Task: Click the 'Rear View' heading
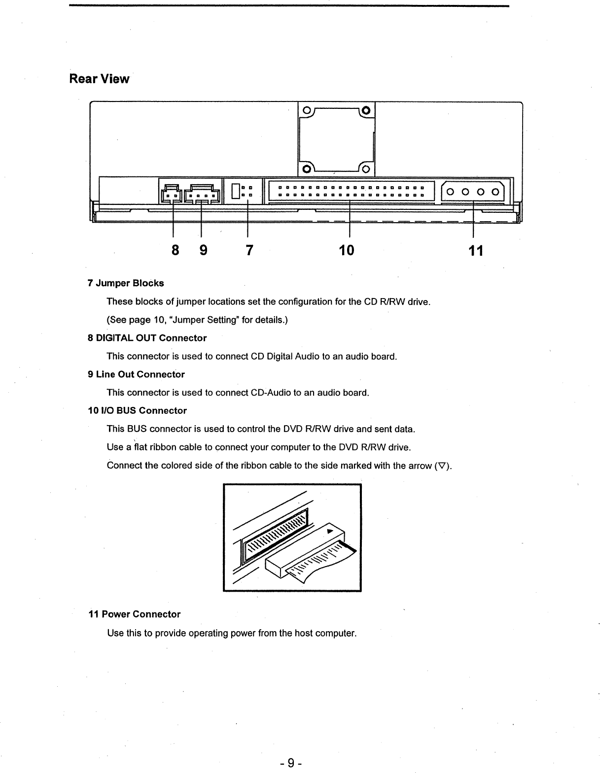point(99,79)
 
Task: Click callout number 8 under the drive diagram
point(175,250)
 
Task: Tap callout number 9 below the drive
point(203,250)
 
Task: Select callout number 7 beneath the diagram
point(249,250)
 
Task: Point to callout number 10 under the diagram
point(347,250)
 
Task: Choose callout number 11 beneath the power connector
point(476,251)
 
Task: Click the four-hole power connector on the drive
point(472,192)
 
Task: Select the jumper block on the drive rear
point(242,191)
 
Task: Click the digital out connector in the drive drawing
point(170,194)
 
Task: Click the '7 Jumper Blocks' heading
point(126,283)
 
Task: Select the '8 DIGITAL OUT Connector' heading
point(147,338)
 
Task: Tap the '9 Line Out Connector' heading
point(136,374)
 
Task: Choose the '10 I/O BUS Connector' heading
point(137,411)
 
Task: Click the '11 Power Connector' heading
point(134,614)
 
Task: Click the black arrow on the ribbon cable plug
point(330,531)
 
